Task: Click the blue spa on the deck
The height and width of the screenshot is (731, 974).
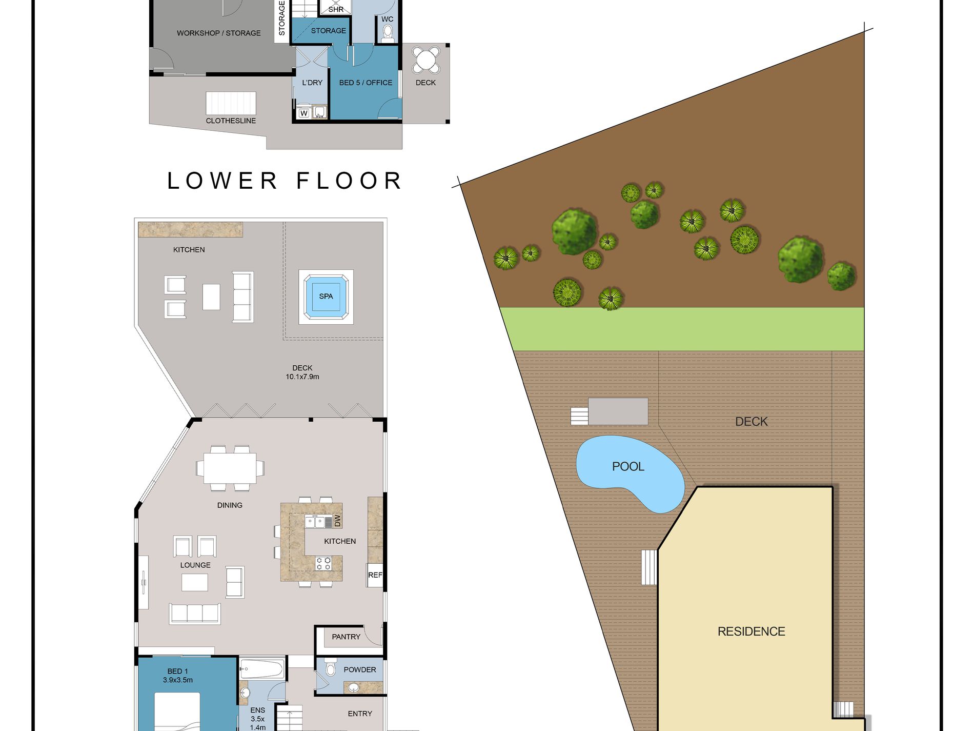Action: (x=326, y=297)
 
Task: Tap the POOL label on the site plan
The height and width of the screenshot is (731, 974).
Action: (x=628, y=466)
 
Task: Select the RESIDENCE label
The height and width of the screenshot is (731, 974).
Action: (x=751, y=631)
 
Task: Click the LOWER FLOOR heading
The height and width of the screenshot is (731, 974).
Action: (x=285, y=181)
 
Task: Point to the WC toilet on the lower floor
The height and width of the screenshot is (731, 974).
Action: (x=388, y=33)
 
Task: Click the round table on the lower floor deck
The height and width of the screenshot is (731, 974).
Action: (x=426, y=60)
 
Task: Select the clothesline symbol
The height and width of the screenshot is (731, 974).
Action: (x=231, y=103)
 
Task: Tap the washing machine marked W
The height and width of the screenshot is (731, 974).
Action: (x=304, y=113)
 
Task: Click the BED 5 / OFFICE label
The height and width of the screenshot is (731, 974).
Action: (x=366, y=83)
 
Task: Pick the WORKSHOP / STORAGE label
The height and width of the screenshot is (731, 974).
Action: (x=219, y=33)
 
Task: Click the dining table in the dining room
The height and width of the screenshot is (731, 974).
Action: (x=230, y=468)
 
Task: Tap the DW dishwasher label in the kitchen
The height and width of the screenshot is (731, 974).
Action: (x=337, y=521)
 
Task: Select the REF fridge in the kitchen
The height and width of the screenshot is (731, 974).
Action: (x=375, y=575)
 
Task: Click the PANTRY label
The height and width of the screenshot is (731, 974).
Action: (x=346, y=637)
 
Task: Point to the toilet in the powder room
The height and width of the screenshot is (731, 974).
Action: (x=330, y=667)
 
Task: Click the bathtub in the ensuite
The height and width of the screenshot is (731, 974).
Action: (x=261, y=669)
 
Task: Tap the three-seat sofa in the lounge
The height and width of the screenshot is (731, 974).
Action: (x=195, y=614)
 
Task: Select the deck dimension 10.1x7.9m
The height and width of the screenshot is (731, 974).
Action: (x=302, y=377)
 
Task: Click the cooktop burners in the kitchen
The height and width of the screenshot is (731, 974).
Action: (x=323, y=563)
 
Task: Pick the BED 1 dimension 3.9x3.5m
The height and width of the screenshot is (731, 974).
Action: (x=178, y=680)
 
